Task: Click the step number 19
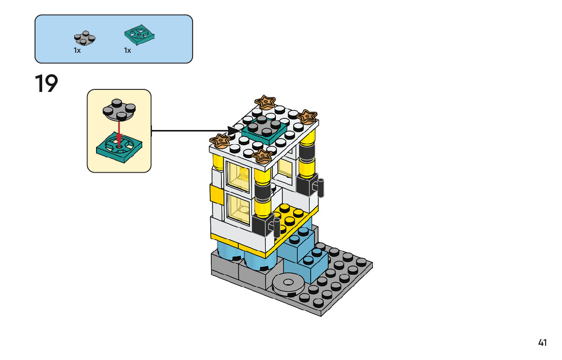point(46,84)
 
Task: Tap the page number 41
point(542,343)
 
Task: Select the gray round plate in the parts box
point(84,38)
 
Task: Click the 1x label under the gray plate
point(77,50)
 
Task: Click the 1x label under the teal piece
point(128,50)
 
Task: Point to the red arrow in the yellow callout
point(119,131)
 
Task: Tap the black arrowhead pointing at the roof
point(234,130)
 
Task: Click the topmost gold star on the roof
point(265,102)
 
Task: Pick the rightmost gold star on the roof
point(307,117)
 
